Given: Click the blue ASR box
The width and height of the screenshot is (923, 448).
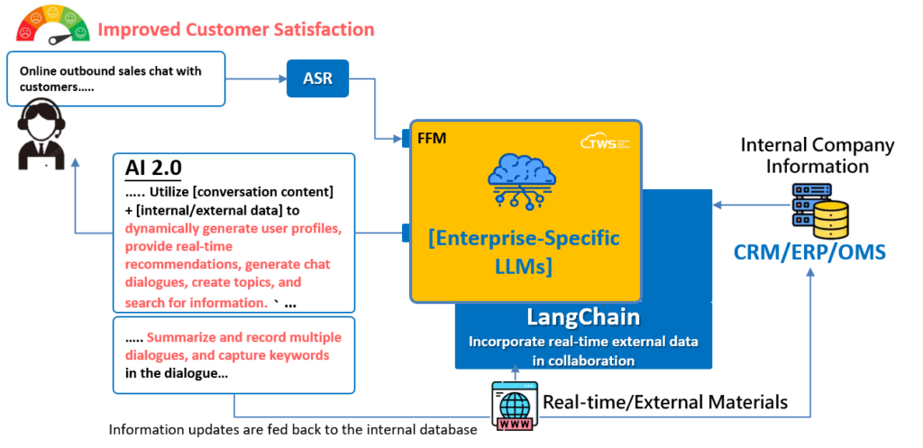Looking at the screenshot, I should [x=317, y=78].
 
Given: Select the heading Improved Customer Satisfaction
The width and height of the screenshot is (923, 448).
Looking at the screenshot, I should [x=235, y=29].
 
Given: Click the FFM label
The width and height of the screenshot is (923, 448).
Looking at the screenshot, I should [x=432, y=138].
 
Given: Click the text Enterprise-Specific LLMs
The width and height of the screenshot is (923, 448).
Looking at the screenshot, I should [x=524, y=251].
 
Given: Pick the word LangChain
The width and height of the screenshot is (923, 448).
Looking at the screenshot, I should [x=583, y=317].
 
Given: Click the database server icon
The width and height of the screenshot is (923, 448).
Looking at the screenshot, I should [x=819, y=210].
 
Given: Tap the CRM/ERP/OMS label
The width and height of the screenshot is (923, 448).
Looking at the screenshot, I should [x=809, y=251].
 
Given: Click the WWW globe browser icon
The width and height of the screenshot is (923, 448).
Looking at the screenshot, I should [x=514, y=405].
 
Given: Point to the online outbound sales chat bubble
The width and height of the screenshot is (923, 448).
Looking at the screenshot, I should [x=115, y=78].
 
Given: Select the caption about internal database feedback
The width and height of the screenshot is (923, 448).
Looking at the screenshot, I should [x=293, y=430].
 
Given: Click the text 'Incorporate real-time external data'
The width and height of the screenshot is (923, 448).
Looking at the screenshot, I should [x=583, y=343].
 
